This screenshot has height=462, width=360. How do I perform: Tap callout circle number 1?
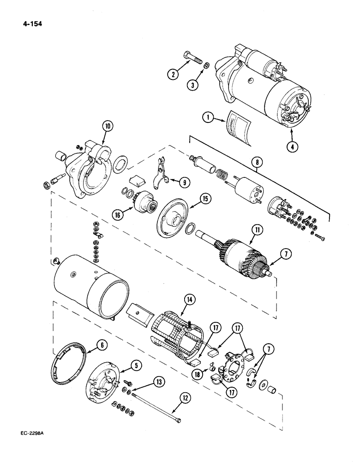(210, 118)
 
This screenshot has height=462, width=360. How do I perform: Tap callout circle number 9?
(185, 182)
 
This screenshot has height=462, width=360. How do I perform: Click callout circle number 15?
(204, 199)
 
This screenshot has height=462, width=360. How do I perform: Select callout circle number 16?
(119, 214)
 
